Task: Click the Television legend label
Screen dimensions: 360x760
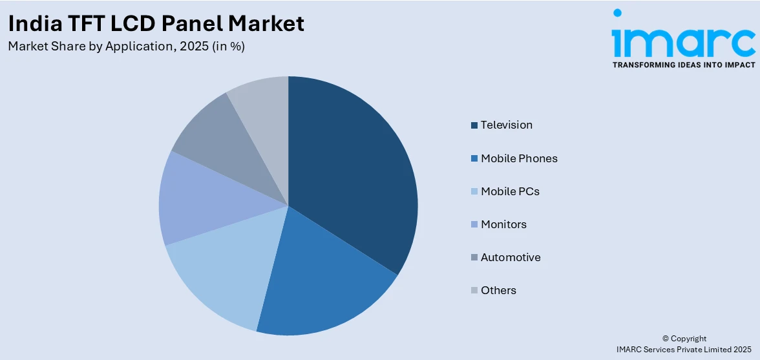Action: click(506, 125)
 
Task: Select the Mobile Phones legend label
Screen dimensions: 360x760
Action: click(518, 158)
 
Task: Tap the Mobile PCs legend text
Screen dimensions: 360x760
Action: click(509, 191)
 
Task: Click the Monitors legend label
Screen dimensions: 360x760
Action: click(503, 224)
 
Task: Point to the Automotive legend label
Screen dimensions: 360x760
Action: click(511, 257)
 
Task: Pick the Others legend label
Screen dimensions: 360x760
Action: click(498, 290)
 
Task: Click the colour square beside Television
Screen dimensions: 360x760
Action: click(474, 125)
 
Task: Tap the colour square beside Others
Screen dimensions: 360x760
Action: click(474, 291)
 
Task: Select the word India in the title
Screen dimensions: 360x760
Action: click(30, 24)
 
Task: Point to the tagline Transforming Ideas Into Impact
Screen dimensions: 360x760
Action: click(683, 65)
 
